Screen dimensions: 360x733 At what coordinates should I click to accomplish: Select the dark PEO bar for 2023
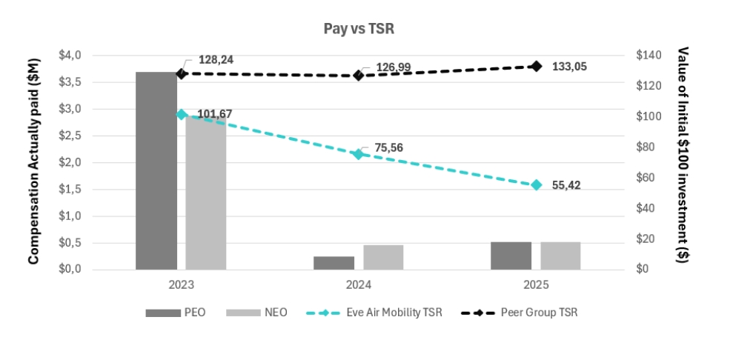point(156,170)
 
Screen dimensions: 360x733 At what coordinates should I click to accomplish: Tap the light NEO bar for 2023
point(206,193)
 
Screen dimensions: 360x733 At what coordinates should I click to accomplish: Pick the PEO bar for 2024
point(334,263)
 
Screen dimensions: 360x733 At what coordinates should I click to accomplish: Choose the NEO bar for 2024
point(383,257)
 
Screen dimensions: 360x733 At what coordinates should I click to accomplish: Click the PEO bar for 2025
point(511,256)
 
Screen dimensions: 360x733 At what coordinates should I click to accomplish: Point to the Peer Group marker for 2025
point(537,66)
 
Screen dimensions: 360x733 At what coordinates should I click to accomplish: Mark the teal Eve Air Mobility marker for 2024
point(358,154)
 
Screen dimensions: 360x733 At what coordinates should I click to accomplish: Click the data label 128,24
point(216,60)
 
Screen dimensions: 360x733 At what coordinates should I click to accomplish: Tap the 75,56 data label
point(386,147)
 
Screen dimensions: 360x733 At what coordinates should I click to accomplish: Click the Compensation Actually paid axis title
point(33,162)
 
